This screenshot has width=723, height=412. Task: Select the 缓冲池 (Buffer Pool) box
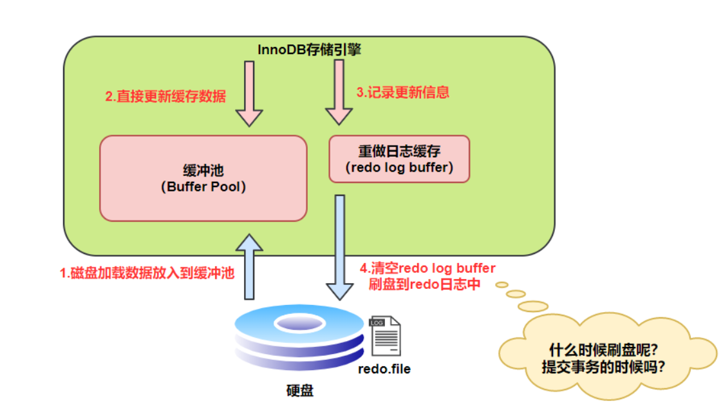click(x=203, y=179)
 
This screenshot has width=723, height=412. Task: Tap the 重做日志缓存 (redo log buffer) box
click(x=399, y=159)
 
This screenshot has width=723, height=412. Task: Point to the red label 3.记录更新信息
click(x=402, y=92)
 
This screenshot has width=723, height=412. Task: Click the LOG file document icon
click(x=384, y=335)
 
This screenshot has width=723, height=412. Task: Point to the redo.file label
click(x=384, y=369)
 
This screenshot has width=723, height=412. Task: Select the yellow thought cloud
click(x=606, y=358)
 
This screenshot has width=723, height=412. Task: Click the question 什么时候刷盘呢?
click(x=603, y=350)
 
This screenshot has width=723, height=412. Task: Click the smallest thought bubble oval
click(x=502, y=282)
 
